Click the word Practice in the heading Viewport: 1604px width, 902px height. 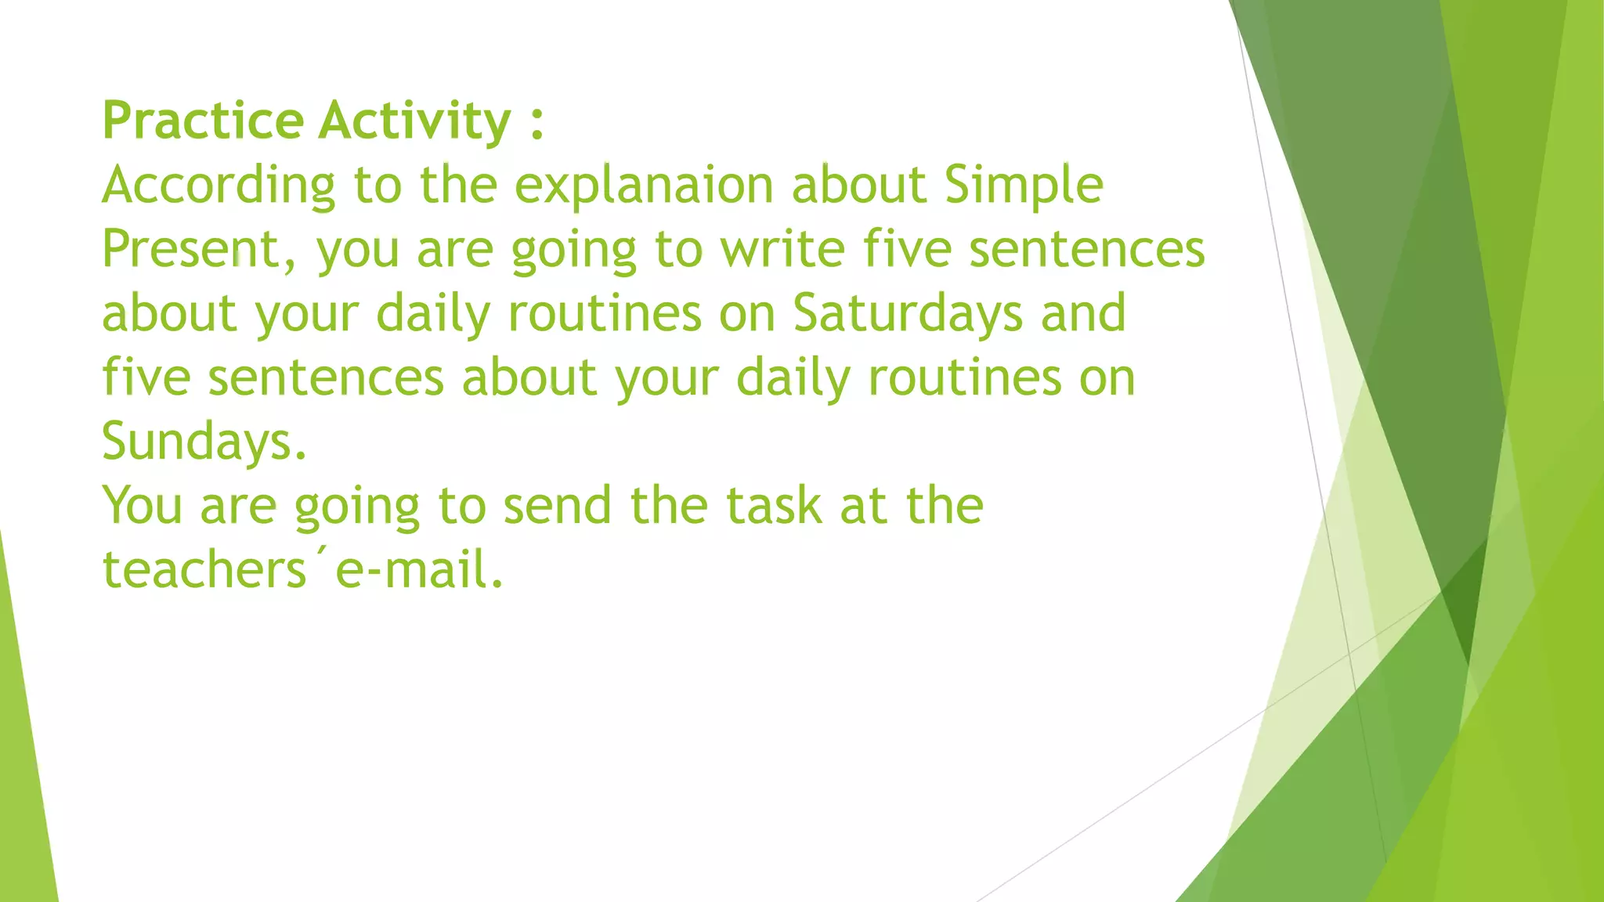(x=203, y=121)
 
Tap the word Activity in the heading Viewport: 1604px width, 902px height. (x=415, y=121)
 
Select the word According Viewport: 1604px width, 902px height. (x=219, y=186)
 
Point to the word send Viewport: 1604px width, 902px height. (x=557, y=506)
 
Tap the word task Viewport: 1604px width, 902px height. (x=773, y=506)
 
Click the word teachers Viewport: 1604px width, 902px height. (x=204, y=570)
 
